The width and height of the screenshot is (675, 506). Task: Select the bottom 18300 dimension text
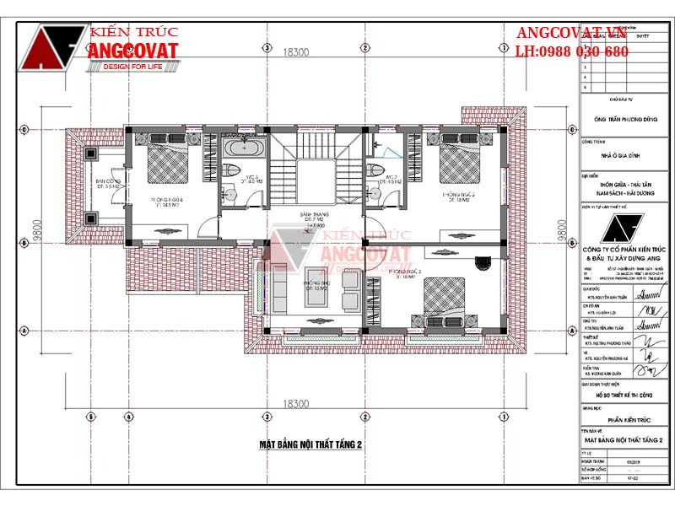[295, 405]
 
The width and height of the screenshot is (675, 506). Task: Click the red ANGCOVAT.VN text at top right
[570, 34]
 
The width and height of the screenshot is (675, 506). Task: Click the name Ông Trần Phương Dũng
[622, 121]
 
